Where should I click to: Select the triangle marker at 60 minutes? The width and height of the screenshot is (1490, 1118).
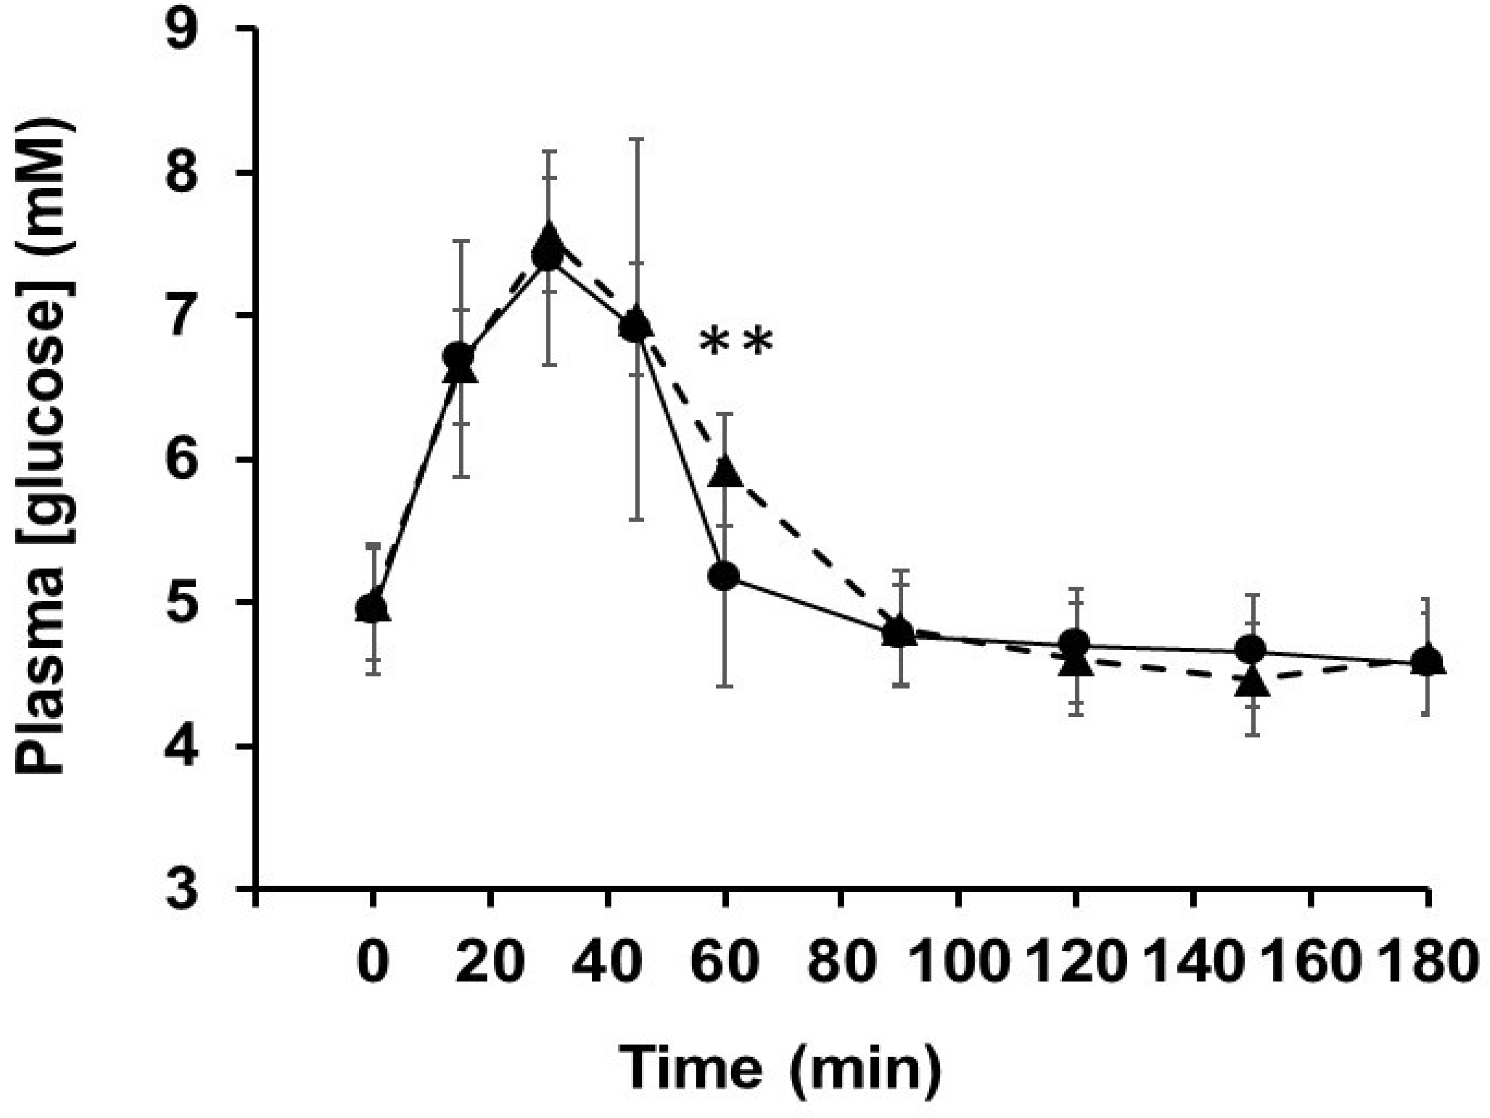[725, 472]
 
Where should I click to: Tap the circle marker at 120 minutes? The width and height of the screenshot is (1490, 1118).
[1076, 642]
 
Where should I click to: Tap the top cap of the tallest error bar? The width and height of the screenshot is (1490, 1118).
[637, 139]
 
